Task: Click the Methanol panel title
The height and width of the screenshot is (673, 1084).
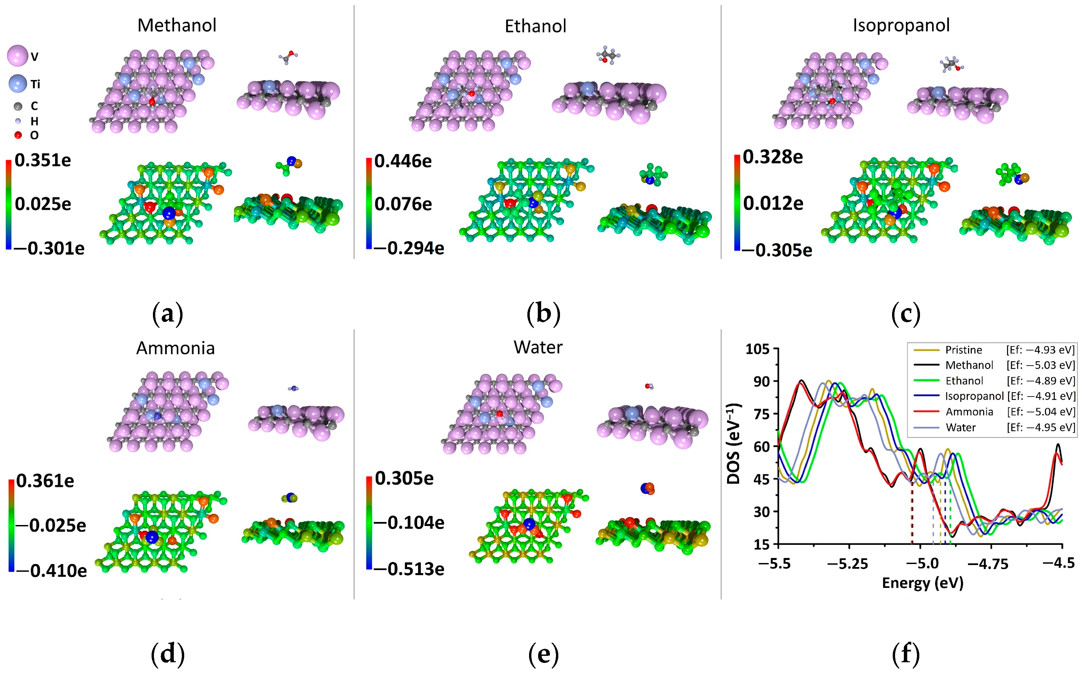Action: coord(176,25)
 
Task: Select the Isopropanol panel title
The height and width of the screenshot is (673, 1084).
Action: coord(901,25)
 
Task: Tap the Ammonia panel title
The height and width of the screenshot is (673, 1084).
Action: coord(175,348)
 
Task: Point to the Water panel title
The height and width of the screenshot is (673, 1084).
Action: coord(538,347)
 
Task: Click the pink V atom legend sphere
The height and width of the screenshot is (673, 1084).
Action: coord(18,55)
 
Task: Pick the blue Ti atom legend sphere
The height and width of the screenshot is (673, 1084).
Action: coord(18,83)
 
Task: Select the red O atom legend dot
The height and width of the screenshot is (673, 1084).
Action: coord(18,135)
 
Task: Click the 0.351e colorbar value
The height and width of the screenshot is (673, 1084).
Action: coord(43,160)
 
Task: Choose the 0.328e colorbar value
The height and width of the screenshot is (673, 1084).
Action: coord(773,157)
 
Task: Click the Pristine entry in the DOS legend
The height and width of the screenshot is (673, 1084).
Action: coord(963,350)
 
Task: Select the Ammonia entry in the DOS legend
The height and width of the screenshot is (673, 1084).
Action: coord(969,412)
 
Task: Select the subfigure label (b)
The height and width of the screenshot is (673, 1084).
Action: coord(543,314)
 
